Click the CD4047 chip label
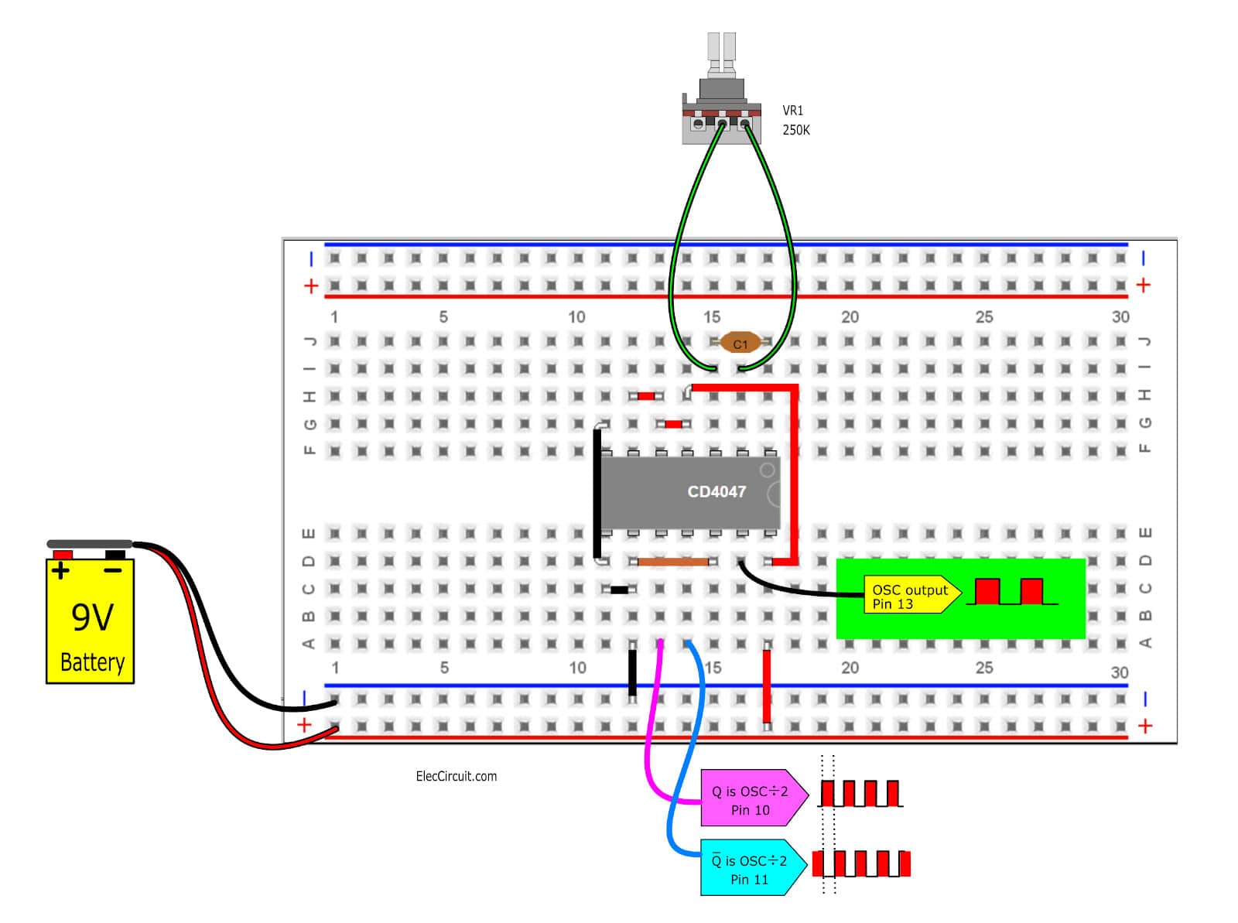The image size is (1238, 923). click(x=716, y=491)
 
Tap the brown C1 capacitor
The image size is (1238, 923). click(x=740, y=342)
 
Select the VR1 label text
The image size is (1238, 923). click(x=792, y=111)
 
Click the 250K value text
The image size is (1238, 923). click(x=795, y=130)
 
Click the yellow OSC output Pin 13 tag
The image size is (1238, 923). click(x=911, y=594)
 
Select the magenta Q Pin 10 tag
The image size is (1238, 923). click(x=753, y=798)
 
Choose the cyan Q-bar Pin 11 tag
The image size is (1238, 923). click(x=752, y=867)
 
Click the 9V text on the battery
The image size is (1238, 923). click(x=93, y=618)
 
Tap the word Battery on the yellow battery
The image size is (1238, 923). click(x=93, y=662)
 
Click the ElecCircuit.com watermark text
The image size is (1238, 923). click(x=456, y=777)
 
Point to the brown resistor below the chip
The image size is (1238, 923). click(x=672, y=562)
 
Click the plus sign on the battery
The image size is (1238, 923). click(x=60, y=571)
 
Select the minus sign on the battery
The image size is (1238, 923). click(x=113, y=571)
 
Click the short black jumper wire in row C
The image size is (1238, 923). click(x=619, y=590)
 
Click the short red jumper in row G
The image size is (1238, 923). click(x=672, y=424)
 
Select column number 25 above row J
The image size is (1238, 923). click(x=983, y=317)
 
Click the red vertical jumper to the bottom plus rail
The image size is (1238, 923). click(x=766, y=685)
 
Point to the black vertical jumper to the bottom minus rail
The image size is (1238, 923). click(x=631, y=672)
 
